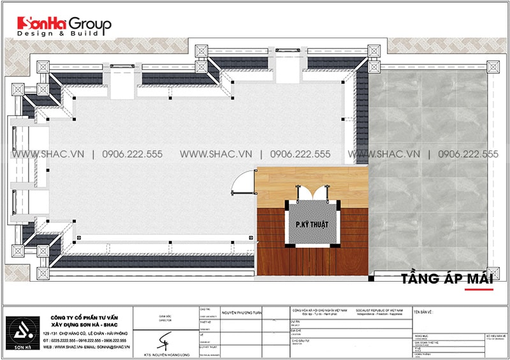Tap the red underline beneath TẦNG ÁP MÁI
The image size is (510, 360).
pos(478,289)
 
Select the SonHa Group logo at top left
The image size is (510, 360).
pos(64,24)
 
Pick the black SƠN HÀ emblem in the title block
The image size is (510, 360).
pos(23,330)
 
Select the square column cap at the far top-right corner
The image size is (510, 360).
pos(493,66)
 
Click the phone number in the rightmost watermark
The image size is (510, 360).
pos(463,154)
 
